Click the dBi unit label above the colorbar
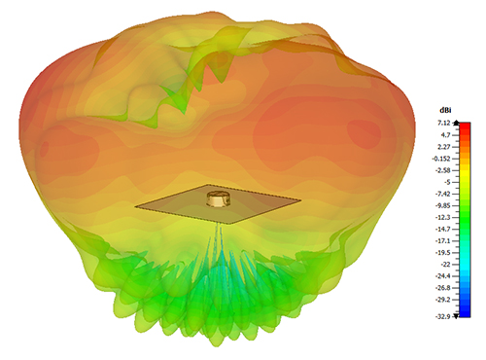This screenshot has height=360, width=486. pyautogui.click(x=445, y=110)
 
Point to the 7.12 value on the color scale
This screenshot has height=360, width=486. pyautogui.click(x=444, y=123)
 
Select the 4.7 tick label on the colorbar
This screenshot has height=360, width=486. pyautogui.click(x=446, y=135)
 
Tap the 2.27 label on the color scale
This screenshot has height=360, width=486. pyautogui.click(x=444, y=147)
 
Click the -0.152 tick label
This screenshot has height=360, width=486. pyautogui.click(x=441, y=159)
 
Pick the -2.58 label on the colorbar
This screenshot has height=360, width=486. pyautogui.click(x=443, y=170)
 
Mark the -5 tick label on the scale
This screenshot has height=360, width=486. pyautogui.click(x=447, y=182)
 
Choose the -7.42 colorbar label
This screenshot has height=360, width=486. pyautogui.click(x=443, y=194)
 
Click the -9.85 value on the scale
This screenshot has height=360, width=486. pyautogui.click(x=443, y=205)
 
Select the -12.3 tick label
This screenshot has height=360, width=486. pyautogui.click(x=443, y=217)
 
